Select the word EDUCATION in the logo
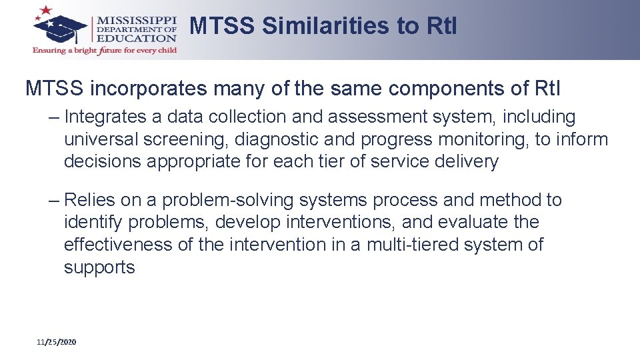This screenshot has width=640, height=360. [138, 39]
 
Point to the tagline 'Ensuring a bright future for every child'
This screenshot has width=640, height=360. [105, 51]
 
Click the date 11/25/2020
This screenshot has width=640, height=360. [57, 342]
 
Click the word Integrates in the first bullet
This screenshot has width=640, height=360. [105, 117]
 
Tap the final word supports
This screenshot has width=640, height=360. [99, 268]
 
